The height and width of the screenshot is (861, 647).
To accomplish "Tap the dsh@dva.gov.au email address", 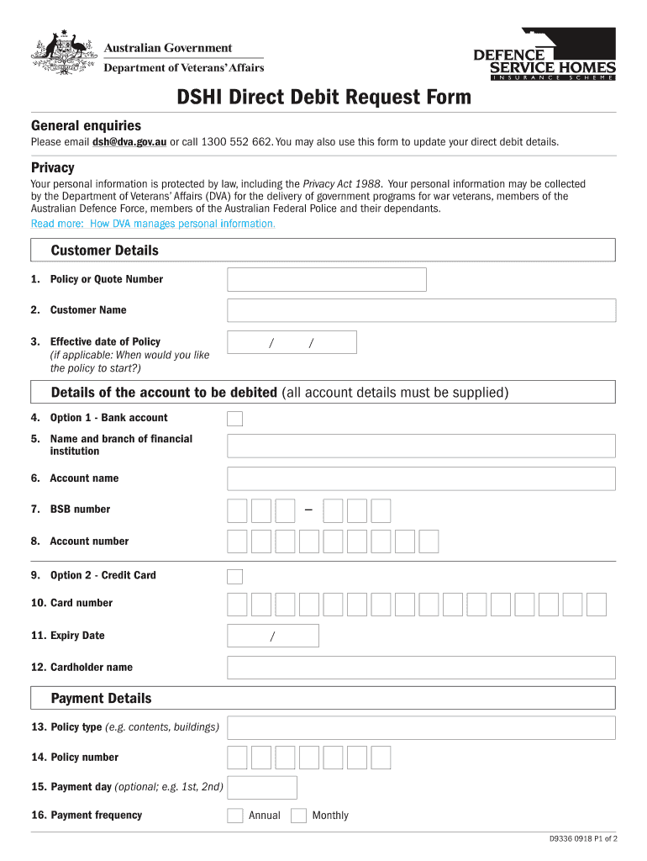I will click(129, 142).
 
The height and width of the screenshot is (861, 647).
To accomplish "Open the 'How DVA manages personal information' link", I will click(153, 224).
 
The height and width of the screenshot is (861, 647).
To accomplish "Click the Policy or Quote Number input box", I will click(327, 279).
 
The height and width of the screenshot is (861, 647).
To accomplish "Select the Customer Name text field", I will click(421, 310).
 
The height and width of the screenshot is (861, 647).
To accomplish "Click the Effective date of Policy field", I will click(292, 342).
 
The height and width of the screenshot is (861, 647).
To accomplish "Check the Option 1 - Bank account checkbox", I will click(235, 419).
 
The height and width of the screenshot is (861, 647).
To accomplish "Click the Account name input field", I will click(421, 478).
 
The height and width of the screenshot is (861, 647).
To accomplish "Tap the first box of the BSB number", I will click(237, 510).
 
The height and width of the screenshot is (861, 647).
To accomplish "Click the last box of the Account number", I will click(429, 541).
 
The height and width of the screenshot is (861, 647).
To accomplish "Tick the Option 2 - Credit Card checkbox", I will click(235, 576).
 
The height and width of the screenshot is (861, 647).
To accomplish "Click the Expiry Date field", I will click(273, 636).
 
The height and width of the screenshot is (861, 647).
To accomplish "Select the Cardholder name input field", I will click(421, 668).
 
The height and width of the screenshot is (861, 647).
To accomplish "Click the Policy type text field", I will click(421, 727).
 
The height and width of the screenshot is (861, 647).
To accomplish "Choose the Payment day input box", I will click(262, 788).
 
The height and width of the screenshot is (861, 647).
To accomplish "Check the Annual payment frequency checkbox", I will click(235, 816).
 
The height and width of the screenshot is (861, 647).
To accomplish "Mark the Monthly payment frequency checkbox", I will click(298, 816).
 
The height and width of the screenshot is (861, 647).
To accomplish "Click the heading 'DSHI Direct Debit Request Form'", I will click(323, 98).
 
